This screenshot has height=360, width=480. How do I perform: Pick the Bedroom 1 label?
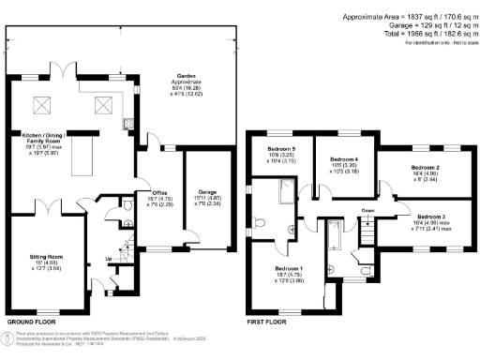click(x=288, y=268)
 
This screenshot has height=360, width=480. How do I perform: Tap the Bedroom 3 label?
click(x=431, y=215)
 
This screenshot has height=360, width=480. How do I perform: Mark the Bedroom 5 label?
click(x=282, y=150)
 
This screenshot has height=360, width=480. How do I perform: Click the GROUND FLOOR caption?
click(x=35, y=322)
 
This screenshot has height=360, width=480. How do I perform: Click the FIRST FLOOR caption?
click(x=267, y=322)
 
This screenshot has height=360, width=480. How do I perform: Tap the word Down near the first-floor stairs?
click(x=368, y=211)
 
